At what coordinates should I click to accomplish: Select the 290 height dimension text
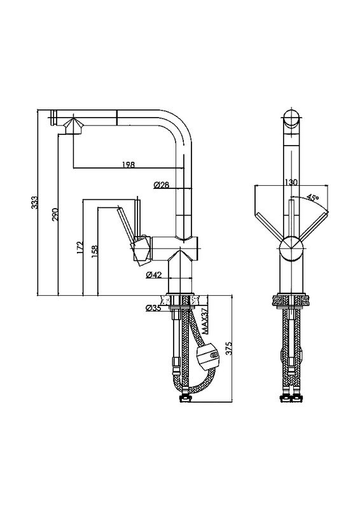(x=55, y=215)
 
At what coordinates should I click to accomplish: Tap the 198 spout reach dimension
(x=128, y=165)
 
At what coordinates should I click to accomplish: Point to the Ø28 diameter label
(x=162, y=185)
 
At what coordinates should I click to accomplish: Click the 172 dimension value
(x=80, y=247)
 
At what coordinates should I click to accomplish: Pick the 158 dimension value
(x=95, y=251)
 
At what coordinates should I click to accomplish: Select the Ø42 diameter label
(x=153, y=275)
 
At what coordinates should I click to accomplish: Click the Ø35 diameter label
(x=153, y=308)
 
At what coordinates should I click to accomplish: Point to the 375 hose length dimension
(x=229, y=348)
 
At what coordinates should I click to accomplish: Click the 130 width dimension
(x=291, y=182)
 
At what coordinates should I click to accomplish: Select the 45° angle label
(x=312, y=197)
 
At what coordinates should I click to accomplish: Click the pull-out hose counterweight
(x=209, y=358)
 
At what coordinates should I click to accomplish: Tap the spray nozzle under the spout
(x=74, y=126)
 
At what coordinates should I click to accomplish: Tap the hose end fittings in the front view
(x=291, y=397)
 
